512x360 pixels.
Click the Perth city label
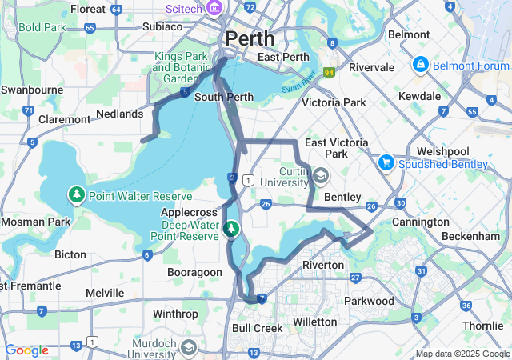point(250,38)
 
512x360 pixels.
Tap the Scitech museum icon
point(214,8)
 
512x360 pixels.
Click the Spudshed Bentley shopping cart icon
point(387,163)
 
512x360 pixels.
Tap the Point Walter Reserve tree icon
point(77,195)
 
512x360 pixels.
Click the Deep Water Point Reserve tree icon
point(231,230)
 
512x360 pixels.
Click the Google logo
point(26,350)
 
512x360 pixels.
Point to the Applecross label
point(189,213)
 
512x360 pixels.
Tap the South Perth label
point(224,97)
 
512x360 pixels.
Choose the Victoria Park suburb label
point(334,102)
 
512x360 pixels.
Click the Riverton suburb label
point(322,265)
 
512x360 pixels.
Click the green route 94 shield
point(328,73)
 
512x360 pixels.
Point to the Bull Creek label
point(257,328)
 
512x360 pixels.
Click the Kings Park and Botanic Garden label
point(180,68)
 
